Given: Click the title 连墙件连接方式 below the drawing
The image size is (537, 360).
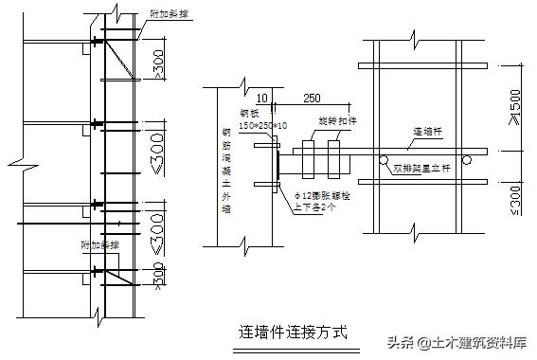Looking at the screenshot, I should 293,333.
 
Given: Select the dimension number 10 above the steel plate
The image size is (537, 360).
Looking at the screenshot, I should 262,98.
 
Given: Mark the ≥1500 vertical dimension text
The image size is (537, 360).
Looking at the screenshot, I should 513,110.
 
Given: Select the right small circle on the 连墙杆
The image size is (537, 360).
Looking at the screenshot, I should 467,159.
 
